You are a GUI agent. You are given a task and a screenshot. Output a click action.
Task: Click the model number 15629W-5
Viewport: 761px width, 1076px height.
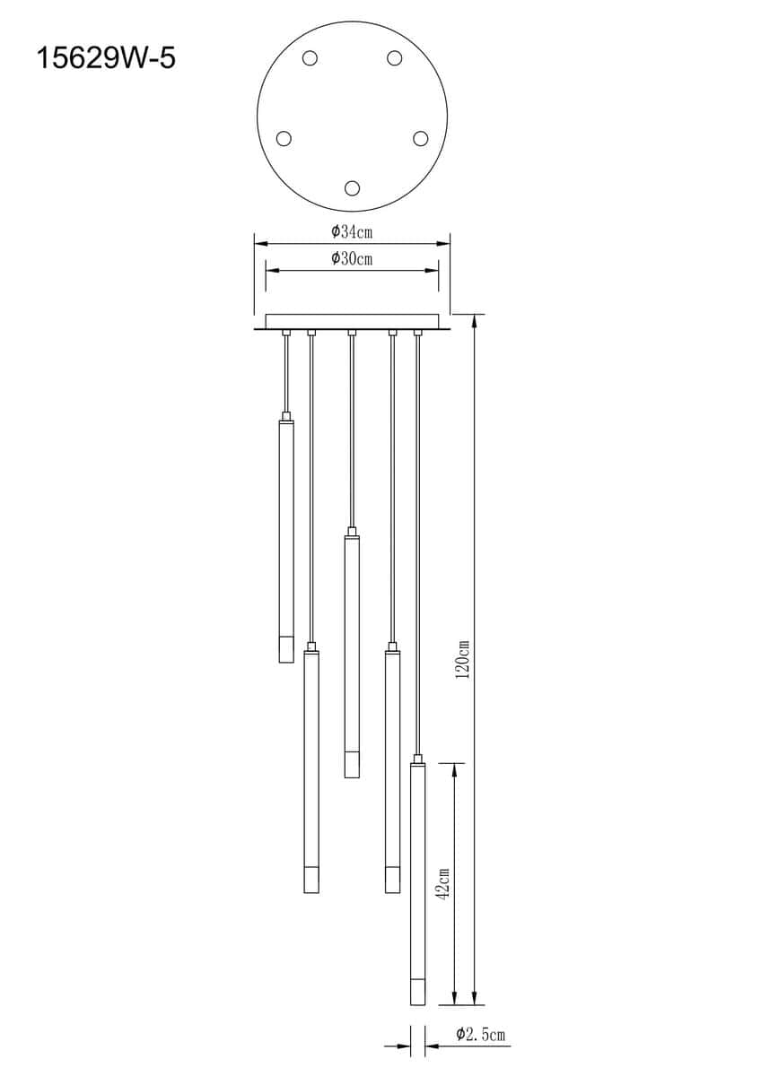point(106,58)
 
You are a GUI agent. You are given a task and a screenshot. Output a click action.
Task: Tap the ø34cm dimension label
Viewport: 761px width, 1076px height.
point(352,231)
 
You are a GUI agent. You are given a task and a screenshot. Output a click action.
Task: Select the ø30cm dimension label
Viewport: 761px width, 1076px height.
point(352,258)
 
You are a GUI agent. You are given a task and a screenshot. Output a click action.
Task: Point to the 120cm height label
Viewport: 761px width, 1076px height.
point(463,658)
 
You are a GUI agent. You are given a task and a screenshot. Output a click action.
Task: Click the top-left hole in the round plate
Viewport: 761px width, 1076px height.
point(310,58)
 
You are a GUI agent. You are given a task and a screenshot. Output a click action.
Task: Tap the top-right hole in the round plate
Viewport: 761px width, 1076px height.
point(395,58)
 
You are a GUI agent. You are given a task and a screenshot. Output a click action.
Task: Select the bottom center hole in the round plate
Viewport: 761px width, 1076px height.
point(353,187)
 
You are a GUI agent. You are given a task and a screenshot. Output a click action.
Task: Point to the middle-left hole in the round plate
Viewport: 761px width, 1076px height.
point(284,138)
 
